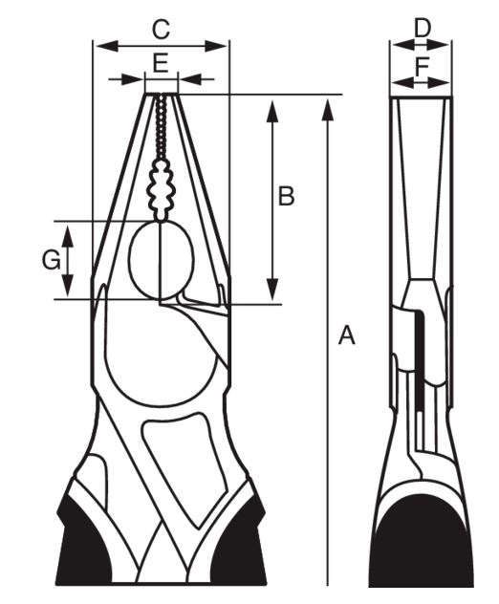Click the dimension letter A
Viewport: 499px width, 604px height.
346,334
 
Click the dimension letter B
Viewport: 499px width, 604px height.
286,196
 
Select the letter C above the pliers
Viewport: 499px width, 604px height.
161,30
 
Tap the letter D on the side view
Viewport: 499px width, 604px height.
422,28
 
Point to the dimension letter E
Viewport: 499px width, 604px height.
161,64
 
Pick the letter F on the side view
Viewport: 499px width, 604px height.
422,66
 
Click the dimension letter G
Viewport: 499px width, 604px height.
51,260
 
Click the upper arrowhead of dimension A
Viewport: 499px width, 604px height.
328,109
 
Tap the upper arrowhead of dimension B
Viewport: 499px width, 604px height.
272,111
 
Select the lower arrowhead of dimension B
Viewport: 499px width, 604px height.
272,289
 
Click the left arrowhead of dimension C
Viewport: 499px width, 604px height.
107,46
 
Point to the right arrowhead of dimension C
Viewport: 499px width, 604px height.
216,46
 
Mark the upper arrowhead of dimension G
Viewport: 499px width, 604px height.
68,236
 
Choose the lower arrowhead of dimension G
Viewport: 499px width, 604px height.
68,285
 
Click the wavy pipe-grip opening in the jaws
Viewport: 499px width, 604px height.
161,190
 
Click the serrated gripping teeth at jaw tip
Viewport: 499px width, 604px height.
161,127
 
